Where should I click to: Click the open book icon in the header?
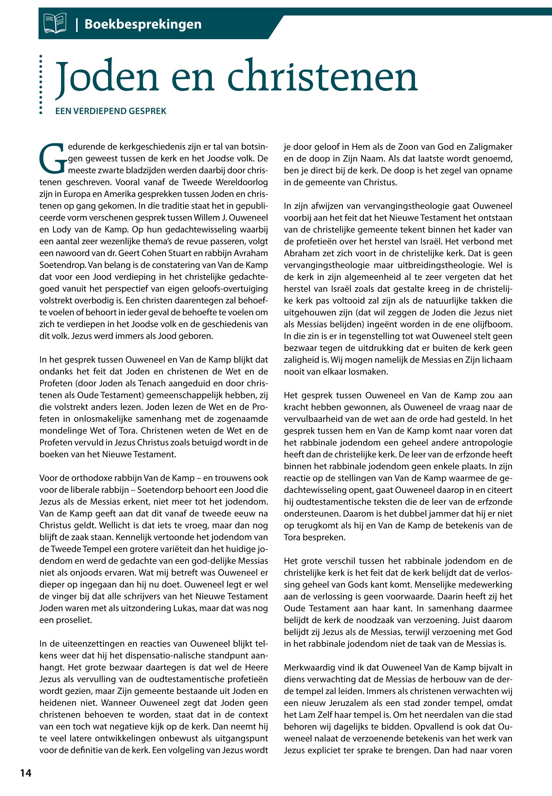55,24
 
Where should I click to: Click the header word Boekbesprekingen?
142,24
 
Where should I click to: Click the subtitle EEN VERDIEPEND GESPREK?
111,111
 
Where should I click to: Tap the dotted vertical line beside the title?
41,84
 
